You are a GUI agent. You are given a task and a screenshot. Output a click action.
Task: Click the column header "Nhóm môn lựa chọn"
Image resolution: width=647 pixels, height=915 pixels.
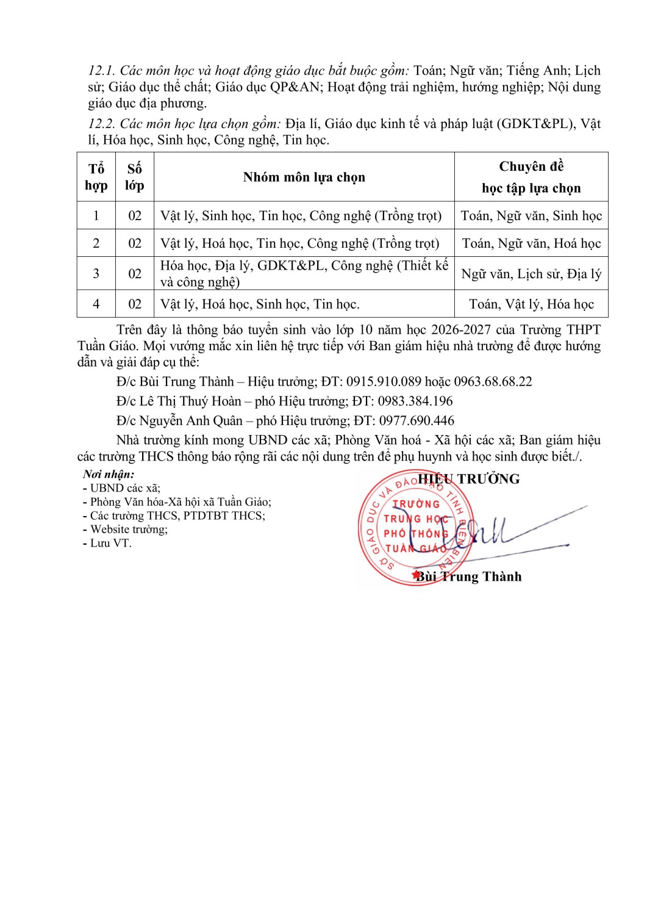(x=304, y=178)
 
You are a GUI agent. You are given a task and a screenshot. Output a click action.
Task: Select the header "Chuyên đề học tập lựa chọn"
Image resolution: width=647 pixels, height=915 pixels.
(x=531, y=177)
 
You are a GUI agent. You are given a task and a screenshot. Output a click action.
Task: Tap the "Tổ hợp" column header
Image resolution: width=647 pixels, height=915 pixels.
(x=96, y=177)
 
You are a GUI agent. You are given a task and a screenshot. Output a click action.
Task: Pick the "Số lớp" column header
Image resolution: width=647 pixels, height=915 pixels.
(x=135, y=177)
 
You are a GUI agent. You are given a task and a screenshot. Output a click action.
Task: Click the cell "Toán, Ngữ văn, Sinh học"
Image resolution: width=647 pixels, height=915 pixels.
(x=531, y=216)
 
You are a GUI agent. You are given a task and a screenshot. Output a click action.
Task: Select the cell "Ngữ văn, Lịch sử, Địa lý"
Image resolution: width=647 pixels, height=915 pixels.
(x=531, y=274)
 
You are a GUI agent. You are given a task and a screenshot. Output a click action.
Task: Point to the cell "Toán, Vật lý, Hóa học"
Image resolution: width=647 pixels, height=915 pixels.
(x=531, y=304)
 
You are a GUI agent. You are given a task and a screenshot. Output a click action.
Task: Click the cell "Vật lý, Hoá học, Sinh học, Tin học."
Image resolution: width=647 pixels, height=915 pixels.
(x=260, y=304)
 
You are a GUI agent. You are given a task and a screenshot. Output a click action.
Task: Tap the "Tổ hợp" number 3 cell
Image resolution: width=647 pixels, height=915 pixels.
(x=96, y=274)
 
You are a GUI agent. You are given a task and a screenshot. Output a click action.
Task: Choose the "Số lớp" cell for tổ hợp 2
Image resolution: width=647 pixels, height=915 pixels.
(x=135, y=243)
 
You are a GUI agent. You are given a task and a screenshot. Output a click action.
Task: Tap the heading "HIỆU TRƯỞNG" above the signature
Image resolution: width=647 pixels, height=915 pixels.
(x=468, y=479)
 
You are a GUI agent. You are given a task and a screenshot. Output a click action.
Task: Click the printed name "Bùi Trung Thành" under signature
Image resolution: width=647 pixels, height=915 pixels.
(x=469, y=577)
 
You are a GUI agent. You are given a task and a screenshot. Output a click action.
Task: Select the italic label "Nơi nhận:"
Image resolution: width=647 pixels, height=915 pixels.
(x=109, y=475)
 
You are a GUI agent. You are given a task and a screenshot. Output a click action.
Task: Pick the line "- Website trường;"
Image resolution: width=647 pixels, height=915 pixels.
(x=125, y=529)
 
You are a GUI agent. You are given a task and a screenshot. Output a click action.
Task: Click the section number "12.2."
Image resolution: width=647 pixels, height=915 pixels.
(x=102, y=124)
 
